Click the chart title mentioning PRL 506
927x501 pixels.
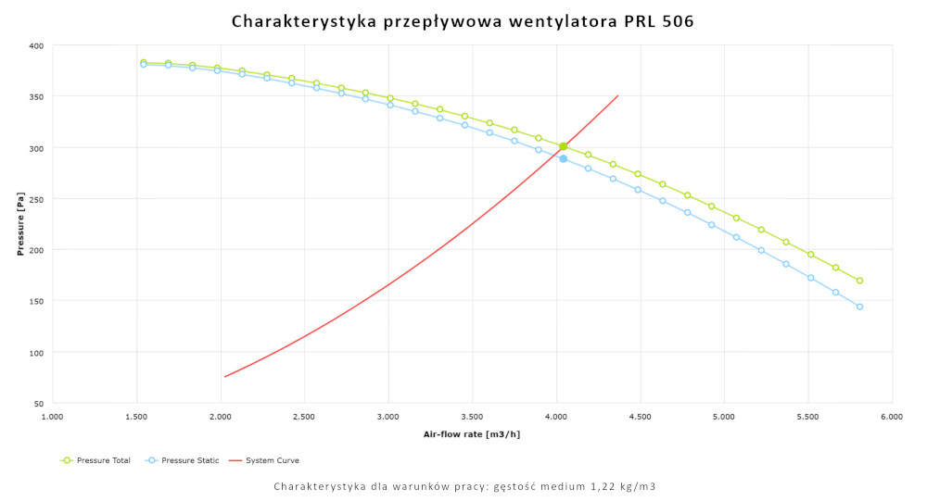click(x=463, y=20)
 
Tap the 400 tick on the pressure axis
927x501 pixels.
click(x=35, y=45)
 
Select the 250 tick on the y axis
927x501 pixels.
click(x=35, y=199)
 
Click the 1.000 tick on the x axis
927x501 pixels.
click(x=53, y=418)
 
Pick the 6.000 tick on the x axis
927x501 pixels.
click(x=892, y=418)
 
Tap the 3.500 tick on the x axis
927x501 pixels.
click(x=473, y=418)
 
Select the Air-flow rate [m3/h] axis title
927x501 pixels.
click(x=472, y=433)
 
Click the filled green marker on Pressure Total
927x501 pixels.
click(x=563, y=146)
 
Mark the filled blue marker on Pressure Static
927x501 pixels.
click(x=563, y=158)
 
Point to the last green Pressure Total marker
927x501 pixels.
click(x=859, y=281)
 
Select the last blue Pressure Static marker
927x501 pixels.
click(x=859, y=307)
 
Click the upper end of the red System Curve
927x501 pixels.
click(x=617, y=95)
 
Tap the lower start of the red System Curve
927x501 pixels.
click(x=224, y=377)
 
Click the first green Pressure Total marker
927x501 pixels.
click(x=144, y=62)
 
